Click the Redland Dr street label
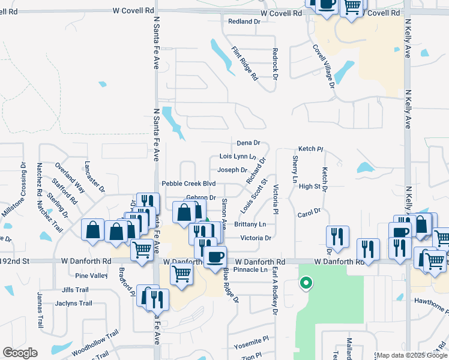244,22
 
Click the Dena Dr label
248,143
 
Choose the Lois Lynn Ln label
238,157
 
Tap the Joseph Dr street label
232,170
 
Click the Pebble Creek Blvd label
188,183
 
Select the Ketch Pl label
311,149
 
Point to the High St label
309,187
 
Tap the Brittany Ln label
250,224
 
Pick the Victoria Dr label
256,238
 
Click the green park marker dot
306,283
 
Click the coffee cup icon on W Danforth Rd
215,256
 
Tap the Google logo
20,353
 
